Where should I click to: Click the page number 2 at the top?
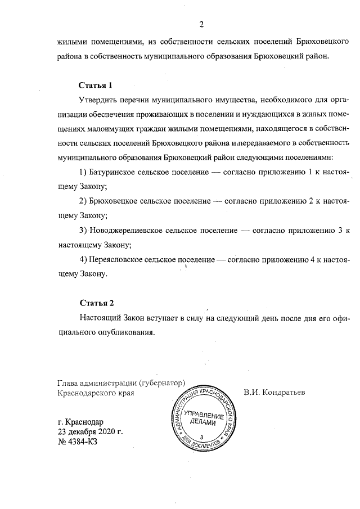[x=201, y=24]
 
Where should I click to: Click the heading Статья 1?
[x=96, y=85]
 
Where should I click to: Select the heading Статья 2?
[x=96, y=303]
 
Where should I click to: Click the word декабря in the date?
[x=78, y=432]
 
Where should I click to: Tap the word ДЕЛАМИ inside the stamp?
[x=201, y=423]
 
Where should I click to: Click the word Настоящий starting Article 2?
[x=101, y=318]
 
